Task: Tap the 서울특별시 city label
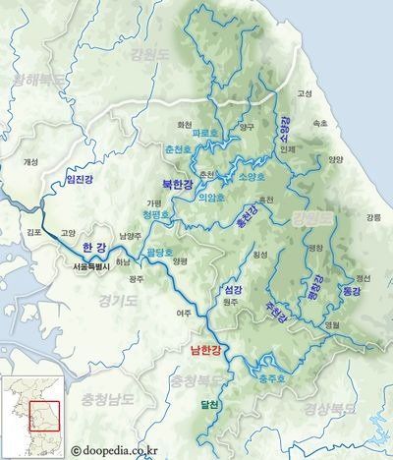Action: (94, 265)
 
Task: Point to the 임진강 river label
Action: (81, 179)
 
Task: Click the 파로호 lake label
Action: (205, 132)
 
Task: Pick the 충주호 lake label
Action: (271, 376)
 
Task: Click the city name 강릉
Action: (372, 217)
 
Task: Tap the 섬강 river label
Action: (233, 290)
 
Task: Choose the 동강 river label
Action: (351, 292)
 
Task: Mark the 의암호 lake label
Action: (211, 196)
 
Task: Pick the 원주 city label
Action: (232, 303)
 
